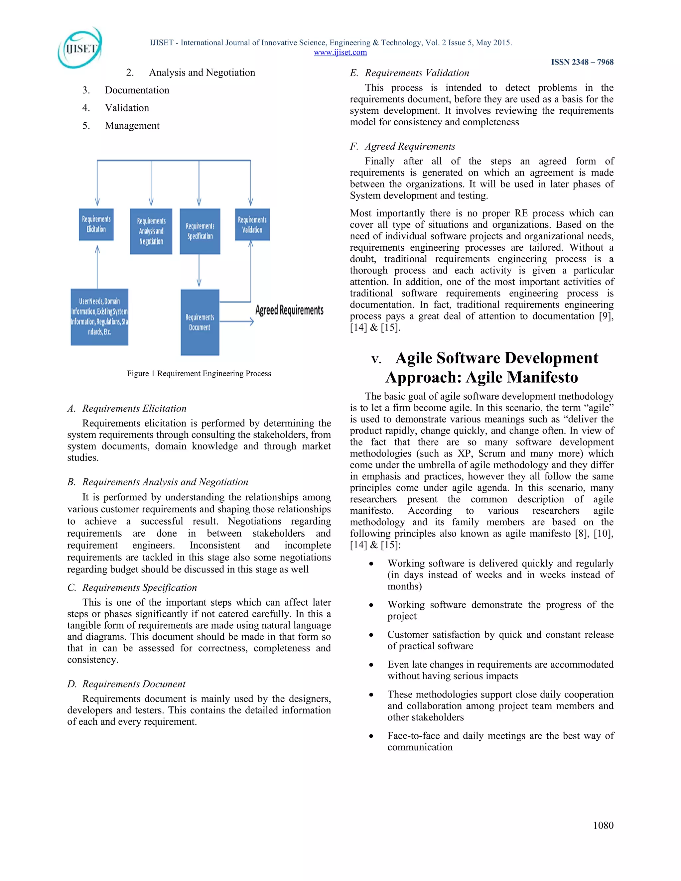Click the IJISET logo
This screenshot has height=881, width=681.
coord(80,48)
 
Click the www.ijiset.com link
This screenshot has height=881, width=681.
coord(340,53)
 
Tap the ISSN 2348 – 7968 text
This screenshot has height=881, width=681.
coord(582,62)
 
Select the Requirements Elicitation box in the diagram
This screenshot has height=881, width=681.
coord(96,224)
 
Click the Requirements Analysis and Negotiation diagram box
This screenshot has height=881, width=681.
coord(151,231)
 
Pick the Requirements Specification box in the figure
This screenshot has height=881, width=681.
coord(200,231)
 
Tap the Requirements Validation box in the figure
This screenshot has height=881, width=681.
coord(252,224)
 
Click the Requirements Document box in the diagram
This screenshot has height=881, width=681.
coord(200,322)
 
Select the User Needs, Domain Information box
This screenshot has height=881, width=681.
coord(99,316)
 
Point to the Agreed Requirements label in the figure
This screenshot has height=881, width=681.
coord(289,310)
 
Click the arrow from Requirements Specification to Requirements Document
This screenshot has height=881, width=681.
coord(199,270)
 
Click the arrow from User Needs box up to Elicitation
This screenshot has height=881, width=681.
coord(97,267)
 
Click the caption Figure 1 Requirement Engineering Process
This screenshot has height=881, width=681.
coord(199,374)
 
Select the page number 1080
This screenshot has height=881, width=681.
coord(603,825)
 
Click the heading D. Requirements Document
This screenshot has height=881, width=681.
coord(126,684)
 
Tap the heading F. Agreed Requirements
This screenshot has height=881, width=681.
coord(403,146)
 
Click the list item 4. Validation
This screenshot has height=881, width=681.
coord(116,108)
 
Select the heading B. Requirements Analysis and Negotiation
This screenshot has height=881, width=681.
coord(158,482)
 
